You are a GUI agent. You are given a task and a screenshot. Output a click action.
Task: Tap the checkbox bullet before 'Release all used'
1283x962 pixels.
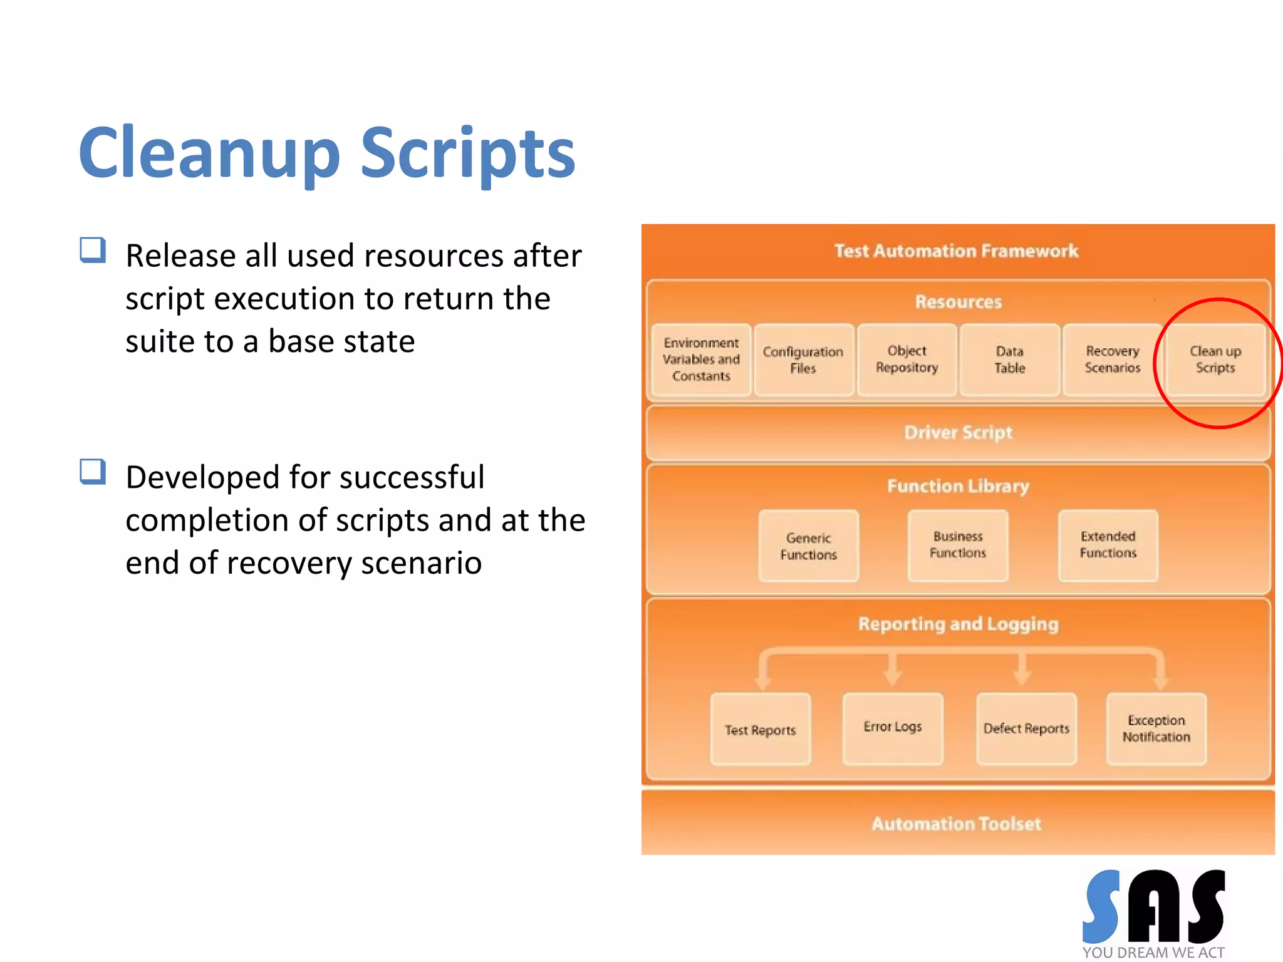click(93, 250)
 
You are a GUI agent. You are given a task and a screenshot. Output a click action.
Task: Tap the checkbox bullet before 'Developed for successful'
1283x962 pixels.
click(93, 472)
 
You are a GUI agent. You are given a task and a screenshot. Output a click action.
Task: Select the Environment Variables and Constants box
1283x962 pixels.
click(701, 359)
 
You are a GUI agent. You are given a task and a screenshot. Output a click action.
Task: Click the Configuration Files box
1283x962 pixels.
click(803, 359)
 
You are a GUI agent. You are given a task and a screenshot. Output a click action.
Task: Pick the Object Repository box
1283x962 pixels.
click(906, 359)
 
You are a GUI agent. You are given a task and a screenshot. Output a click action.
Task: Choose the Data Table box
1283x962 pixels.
click(1009, 359)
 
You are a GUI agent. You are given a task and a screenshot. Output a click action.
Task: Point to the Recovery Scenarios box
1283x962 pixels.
click(1112, 359)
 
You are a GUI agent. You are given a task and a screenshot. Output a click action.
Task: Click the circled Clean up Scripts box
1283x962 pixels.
click(1215, 359)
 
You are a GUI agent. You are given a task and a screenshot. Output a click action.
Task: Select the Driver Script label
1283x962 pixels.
click(958, 433)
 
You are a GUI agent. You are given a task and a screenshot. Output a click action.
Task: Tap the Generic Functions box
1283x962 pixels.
click(808, 546)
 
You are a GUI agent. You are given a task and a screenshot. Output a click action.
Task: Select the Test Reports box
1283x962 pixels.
click(760, 729)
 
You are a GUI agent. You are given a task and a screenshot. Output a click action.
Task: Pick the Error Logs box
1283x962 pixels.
click(892, 728)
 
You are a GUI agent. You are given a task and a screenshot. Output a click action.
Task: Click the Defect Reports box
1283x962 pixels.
click(1026, 728)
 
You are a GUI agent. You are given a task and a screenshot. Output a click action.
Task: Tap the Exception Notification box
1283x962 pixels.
click(1156, 728)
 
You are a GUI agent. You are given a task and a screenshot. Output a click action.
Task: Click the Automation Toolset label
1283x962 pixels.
click(956, 824)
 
